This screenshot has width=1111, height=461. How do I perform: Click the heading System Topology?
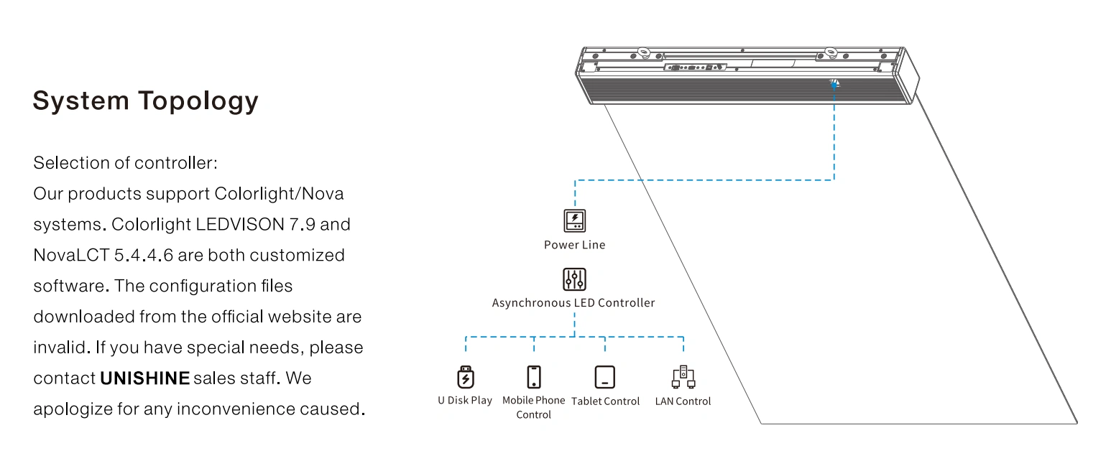[145, 101]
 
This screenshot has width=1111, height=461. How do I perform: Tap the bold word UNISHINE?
[145, 378]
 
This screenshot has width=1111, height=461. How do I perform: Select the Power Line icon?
[574, 220]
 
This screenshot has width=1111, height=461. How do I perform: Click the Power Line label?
[574, 245]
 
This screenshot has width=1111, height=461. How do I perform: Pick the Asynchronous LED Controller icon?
[574, 279]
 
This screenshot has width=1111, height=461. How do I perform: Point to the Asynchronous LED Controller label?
[573, 303]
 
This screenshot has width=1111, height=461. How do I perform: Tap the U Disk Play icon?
[466, 377]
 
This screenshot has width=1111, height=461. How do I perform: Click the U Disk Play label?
[465, 401]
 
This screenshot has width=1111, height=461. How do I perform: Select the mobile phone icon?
[533, 377]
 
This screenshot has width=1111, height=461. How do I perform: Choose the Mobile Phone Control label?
[533, 407]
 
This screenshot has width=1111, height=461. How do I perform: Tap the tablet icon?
[605, 377]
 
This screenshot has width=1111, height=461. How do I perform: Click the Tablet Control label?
[605, 401]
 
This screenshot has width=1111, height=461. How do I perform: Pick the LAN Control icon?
[683, 376]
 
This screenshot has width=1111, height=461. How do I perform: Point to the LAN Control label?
[683, 401]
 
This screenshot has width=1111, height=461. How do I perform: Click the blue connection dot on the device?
[834, 83]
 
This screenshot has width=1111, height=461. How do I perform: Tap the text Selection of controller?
[125, 163]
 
